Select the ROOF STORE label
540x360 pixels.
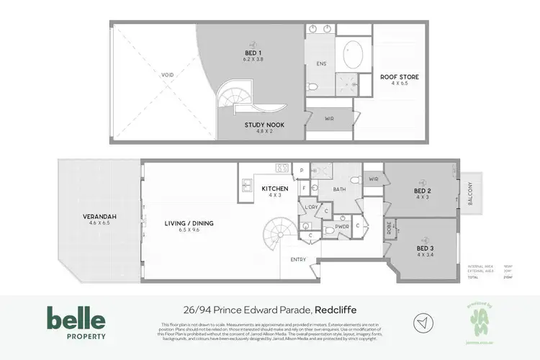[x=400, y=77]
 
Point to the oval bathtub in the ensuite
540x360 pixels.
[x=353, y=54]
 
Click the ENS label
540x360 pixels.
[x=321, y=64]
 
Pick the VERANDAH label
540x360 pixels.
[x=99, y=216]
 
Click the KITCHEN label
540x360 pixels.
[x=274, y=189]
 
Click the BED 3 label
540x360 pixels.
[x=426, y=248]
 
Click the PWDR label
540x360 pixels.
[x=341, y=227]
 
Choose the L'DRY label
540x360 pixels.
[x=311, y=207]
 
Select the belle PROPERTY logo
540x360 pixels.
[x=76, y=323]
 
